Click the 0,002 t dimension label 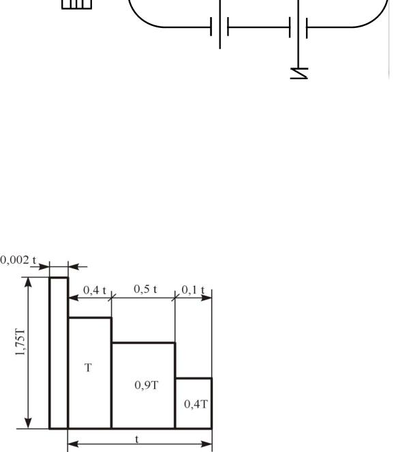pos(18,260)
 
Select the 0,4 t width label pos(95,290)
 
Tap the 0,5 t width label pos(145,289)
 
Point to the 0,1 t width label pos(193,290)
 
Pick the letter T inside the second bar pos(89,367)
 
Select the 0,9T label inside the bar pos(146,385)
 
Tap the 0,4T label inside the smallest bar pos(196,404)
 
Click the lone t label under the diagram pos(137,439)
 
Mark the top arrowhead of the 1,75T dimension pos(28,282)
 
